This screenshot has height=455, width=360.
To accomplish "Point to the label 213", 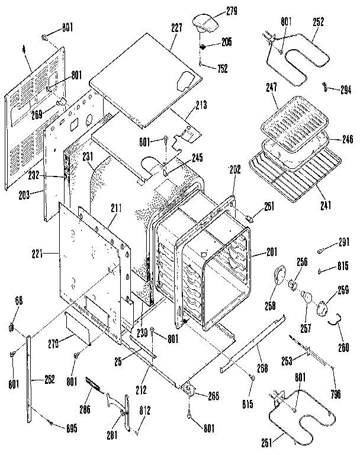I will (x=202, y=106).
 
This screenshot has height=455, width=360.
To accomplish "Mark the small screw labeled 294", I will (x=326, y=87).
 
